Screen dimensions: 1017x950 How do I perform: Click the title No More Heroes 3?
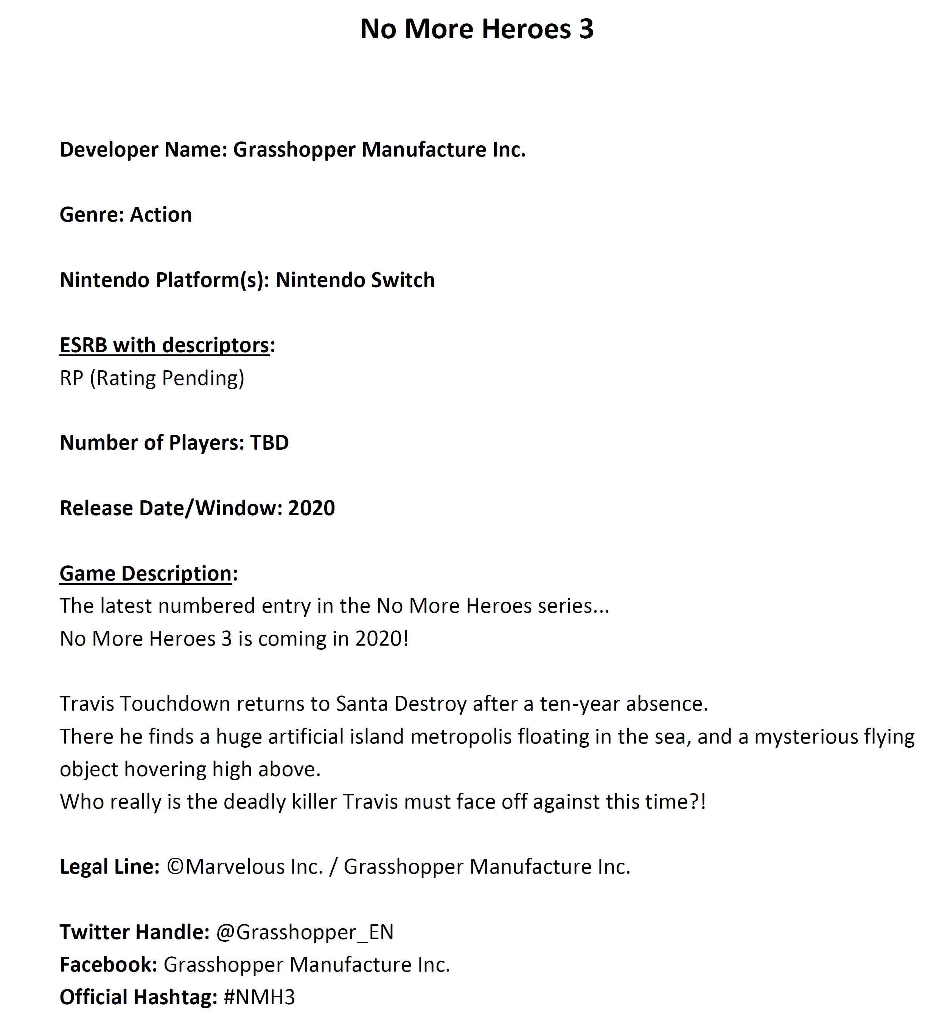tap(477, 29)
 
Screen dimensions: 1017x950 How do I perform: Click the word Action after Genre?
tap(161, 215)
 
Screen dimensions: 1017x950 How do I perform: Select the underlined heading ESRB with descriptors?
tap(164, 345)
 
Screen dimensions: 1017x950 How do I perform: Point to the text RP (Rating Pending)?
tap(152, 378)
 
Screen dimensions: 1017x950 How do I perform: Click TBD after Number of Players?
tap(269, 443)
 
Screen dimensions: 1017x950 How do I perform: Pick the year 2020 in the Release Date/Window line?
tap(311, 508)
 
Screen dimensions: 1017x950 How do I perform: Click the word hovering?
tap(165, 769)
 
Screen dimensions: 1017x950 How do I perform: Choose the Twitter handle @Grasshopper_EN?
tap(305, 932)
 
